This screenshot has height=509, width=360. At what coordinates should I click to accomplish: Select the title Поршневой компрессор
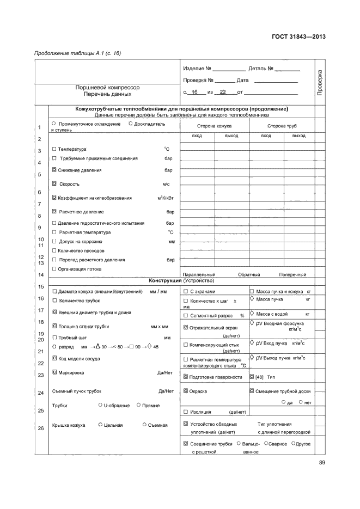(107, 87)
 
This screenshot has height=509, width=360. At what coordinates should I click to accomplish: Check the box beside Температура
(54, 149)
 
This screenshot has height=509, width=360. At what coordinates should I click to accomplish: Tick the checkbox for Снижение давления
(54, 170)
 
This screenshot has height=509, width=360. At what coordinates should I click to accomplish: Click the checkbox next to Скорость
(54, 184)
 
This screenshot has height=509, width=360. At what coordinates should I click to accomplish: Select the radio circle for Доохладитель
(130, 124)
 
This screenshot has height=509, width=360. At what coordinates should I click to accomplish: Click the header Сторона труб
(282, 126)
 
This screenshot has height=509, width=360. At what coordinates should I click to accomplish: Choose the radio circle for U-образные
(100, 405)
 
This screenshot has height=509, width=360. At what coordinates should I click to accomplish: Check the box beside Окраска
(186, 391)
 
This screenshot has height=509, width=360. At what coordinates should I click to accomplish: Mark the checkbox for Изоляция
(186, 412)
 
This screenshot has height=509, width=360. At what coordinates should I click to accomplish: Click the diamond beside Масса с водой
(252, 312)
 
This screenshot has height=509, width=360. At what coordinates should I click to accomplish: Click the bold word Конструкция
(166, 281)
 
